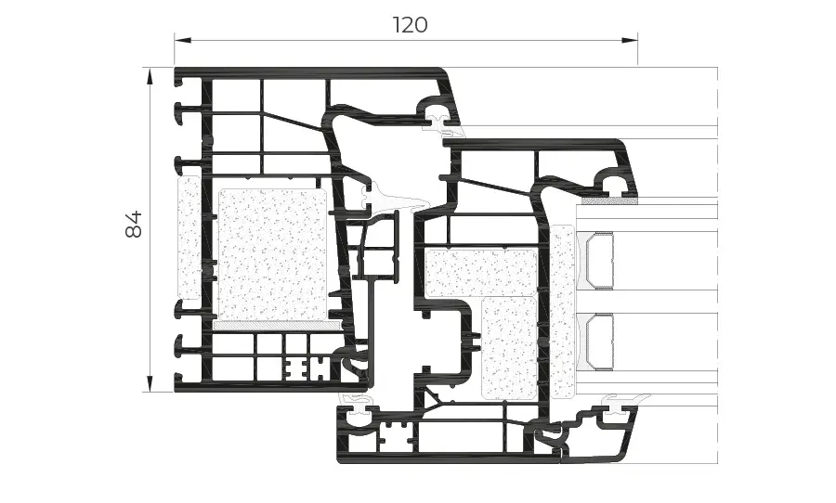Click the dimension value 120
pos(410,25)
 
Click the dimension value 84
pos(134,224)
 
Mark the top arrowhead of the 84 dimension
pos(149,73)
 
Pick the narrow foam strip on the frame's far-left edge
pos(189,239)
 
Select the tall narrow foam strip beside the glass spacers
pos(561,311)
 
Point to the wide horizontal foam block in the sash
pos(481,272)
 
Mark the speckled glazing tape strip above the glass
pos(609,199)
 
